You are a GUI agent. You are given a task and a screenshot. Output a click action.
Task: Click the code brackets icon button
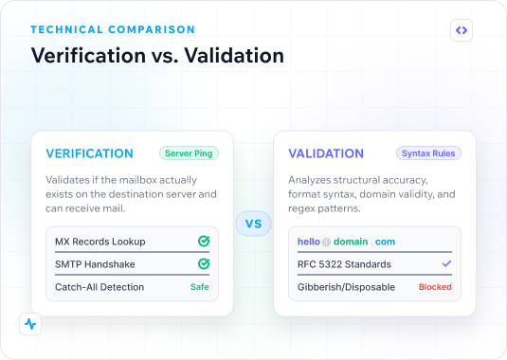point(462,30)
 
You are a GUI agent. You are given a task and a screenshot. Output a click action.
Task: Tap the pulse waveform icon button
point(30,324)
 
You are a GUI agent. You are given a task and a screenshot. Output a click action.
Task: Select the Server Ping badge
point(189,153)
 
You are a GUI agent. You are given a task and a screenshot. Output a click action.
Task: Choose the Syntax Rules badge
point(428,153)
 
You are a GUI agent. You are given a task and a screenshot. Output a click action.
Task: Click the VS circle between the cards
point(254,224)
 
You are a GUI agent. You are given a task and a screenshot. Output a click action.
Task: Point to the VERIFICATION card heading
point(90,153)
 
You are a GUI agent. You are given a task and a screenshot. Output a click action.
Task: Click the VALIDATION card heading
point(326,153)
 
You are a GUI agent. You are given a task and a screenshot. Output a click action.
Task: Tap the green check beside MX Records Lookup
point(204,241)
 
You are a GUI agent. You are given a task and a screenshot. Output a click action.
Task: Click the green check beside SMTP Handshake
point(204,263)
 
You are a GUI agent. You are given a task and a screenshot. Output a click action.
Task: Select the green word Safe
point(200,287)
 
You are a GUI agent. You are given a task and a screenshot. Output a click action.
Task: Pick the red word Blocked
point(435,287)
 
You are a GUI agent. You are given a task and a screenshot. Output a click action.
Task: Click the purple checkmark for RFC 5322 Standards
point(446,264)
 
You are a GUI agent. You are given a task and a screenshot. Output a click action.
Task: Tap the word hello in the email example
point(309,242)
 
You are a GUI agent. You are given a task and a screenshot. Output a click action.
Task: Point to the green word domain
point(351,242)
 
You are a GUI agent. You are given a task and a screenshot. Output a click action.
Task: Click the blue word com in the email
point(385,242)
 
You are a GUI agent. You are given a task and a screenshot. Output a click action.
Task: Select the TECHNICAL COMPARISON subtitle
point(113,29)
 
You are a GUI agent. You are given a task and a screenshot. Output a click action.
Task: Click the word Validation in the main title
point(234,55)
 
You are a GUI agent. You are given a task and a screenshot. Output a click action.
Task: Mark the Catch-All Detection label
point(100,287)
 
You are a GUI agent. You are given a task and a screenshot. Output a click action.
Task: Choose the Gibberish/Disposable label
point(346,287)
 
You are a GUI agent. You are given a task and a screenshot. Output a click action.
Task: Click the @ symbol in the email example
point(327,242)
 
